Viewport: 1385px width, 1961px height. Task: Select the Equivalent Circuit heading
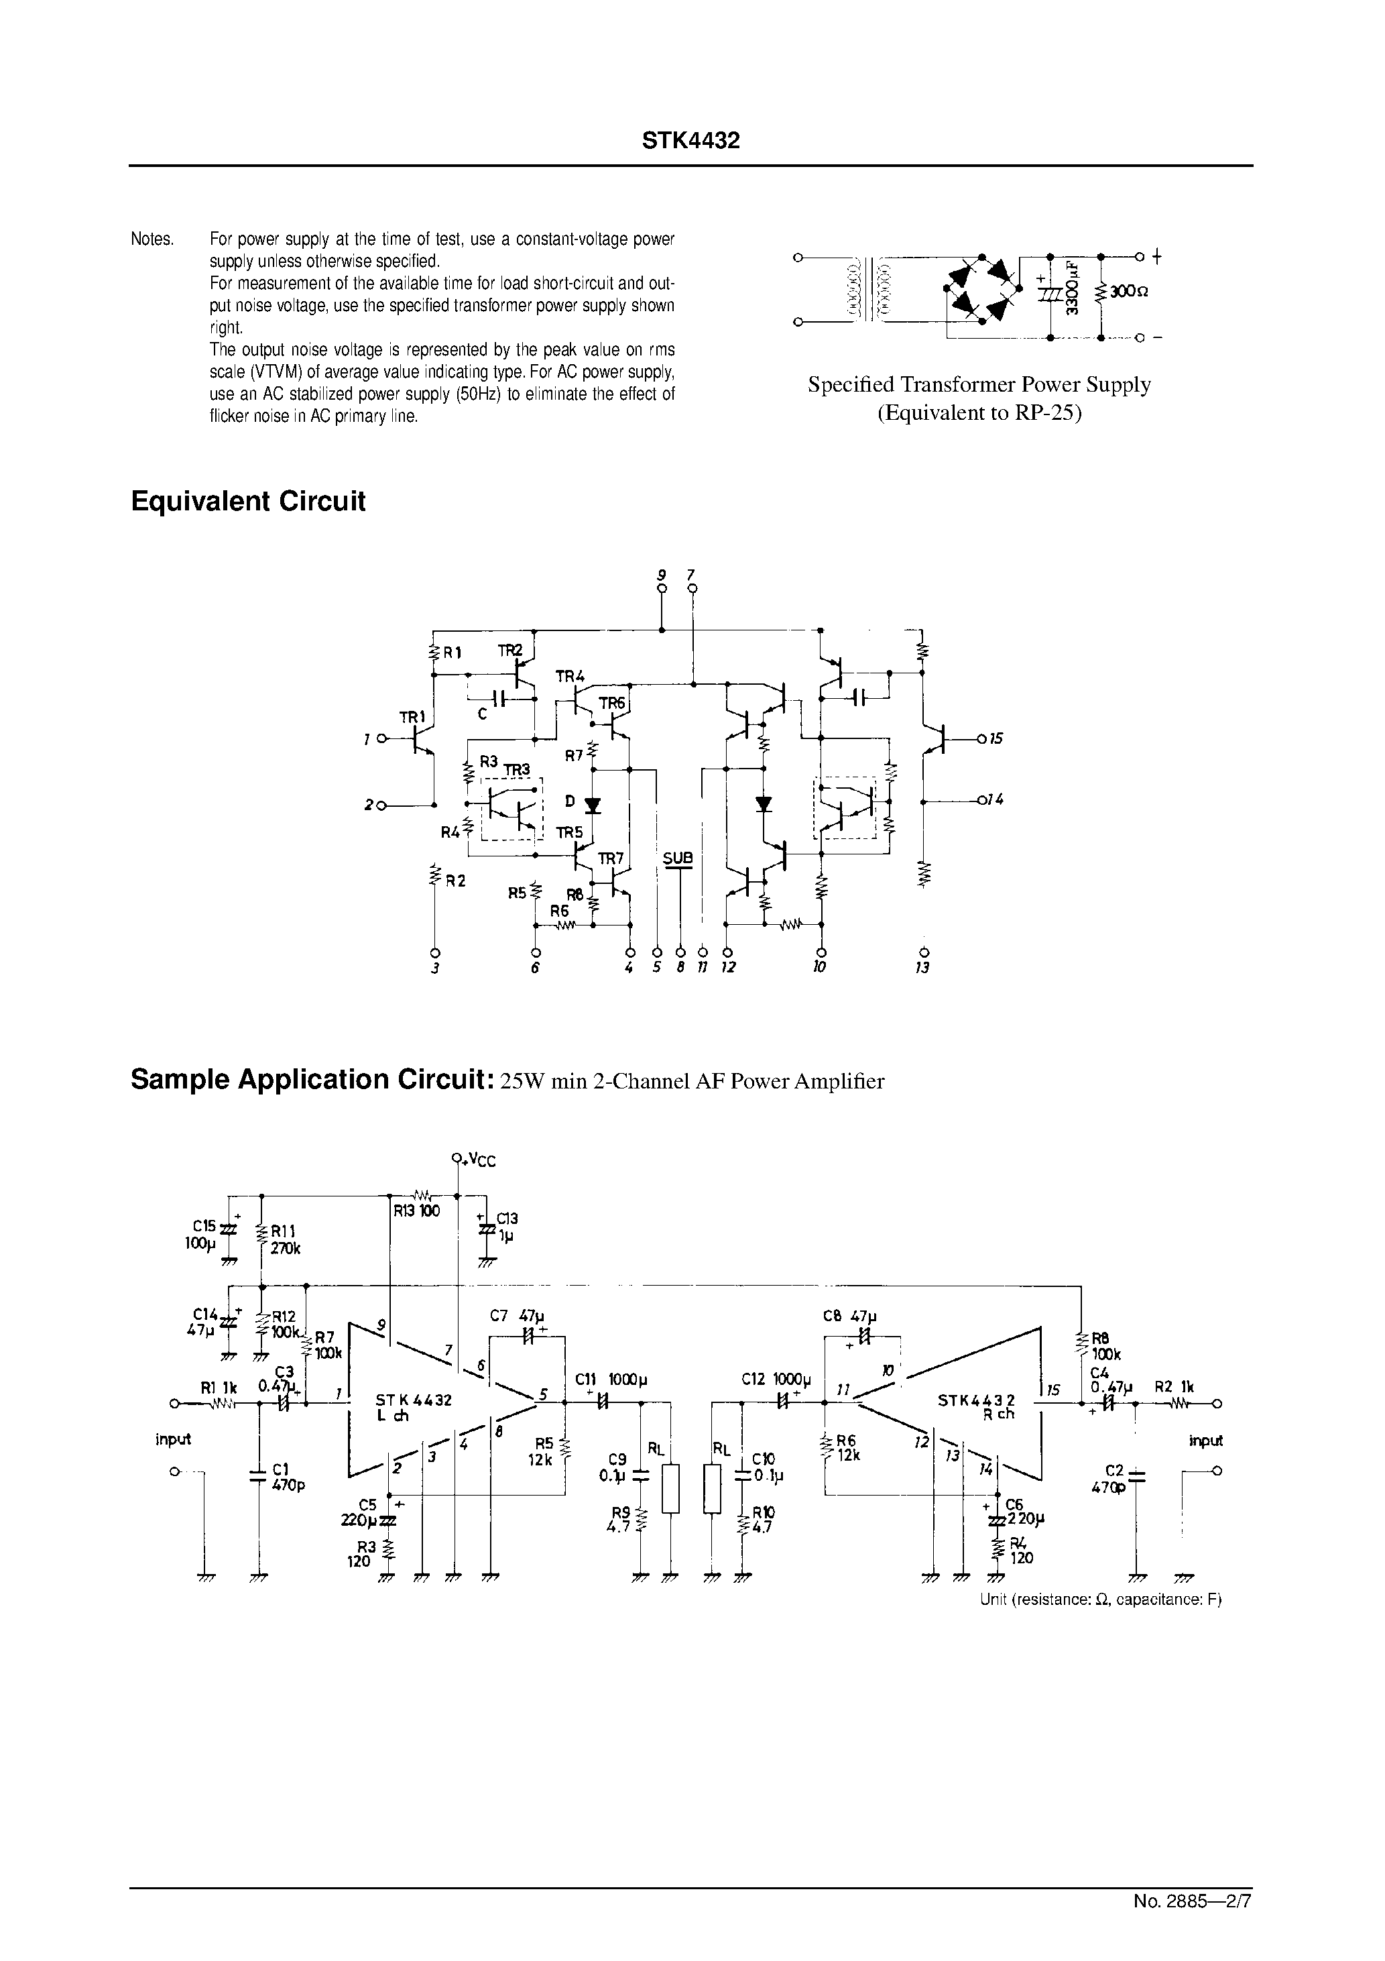pyautogui.click(x=247, y=502)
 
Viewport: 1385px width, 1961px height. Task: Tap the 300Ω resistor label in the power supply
pyautogui.click(x=1129, y=291)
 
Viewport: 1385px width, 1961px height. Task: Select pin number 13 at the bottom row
pyautogui.click(x=922, y=968)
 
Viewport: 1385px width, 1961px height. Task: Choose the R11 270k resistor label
pyautogui.click(x=285, y=1239)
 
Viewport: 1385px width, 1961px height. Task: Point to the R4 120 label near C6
pyautogui.click(x=1020, y=1550)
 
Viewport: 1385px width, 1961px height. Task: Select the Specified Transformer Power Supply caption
pyautogui.click(x=979, y=384)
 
